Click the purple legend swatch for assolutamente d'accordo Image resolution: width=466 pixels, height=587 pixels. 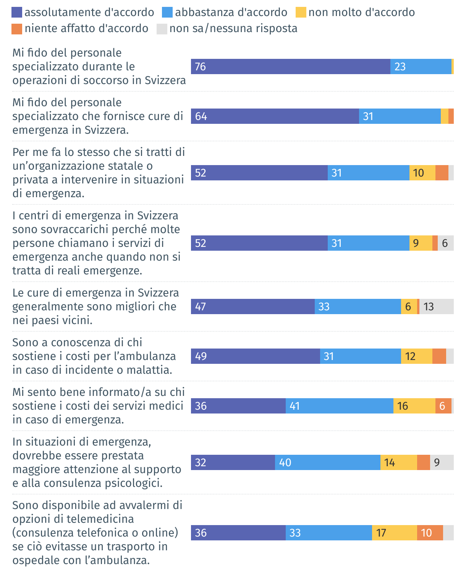(17, 13)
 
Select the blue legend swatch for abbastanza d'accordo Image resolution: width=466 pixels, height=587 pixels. (167, 13)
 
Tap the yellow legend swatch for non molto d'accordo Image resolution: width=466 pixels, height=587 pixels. (301, 13)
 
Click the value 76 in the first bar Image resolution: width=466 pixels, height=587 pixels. (200, 67)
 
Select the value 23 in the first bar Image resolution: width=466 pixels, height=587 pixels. (400, 67)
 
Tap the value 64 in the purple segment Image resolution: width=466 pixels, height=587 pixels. (201, 117)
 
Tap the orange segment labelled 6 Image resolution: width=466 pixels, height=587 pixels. (443, 406)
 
